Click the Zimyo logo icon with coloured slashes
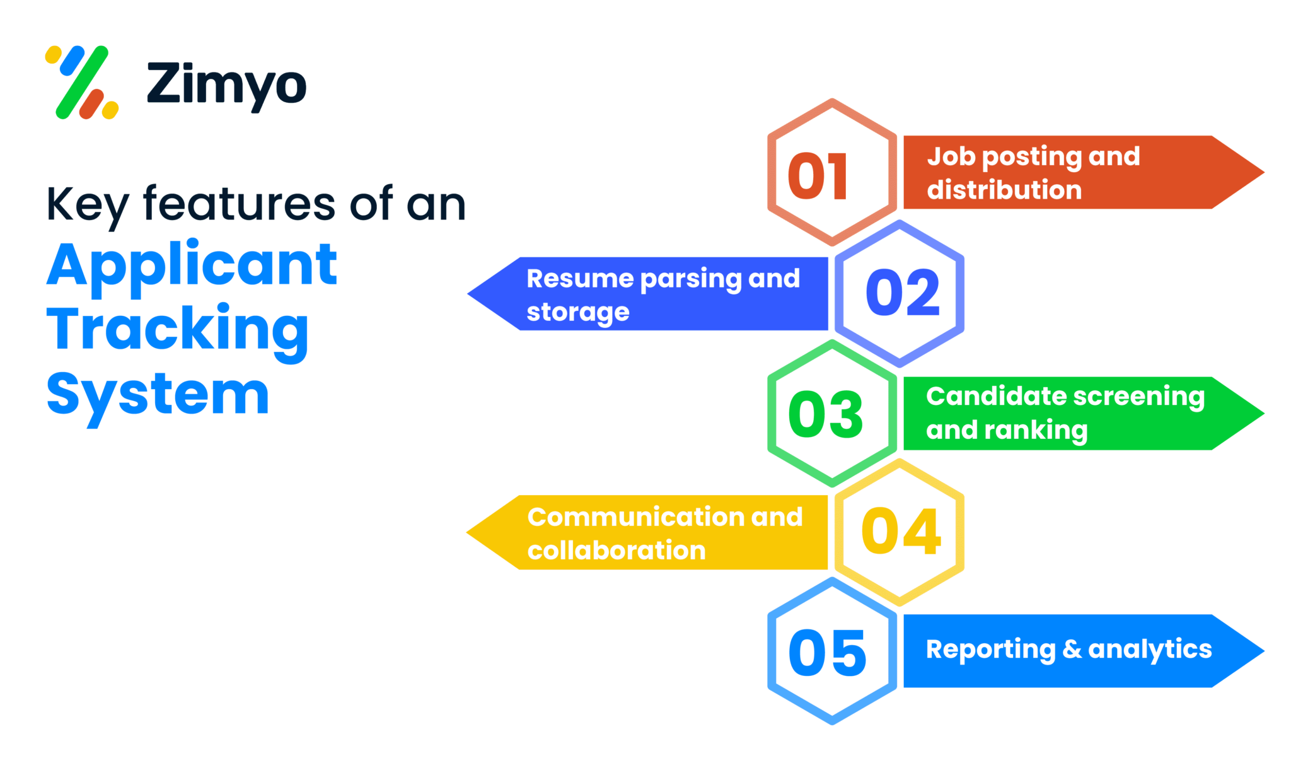click(82, 83)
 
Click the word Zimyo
click(226, 84)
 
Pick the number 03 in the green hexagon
click(825, 414)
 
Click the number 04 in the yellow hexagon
click(901, 532)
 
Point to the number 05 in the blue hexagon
click(828, 653)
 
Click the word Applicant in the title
click(192, 266)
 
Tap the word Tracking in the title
click(178, 330)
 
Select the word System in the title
click(158, 396)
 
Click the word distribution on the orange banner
click(1004, 190)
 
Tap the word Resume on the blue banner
click(580, 279)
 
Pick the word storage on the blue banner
click(578, 313)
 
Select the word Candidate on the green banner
click(995, 396)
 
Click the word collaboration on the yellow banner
click(617, 551)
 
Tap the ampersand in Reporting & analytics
click(1072, 649)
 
